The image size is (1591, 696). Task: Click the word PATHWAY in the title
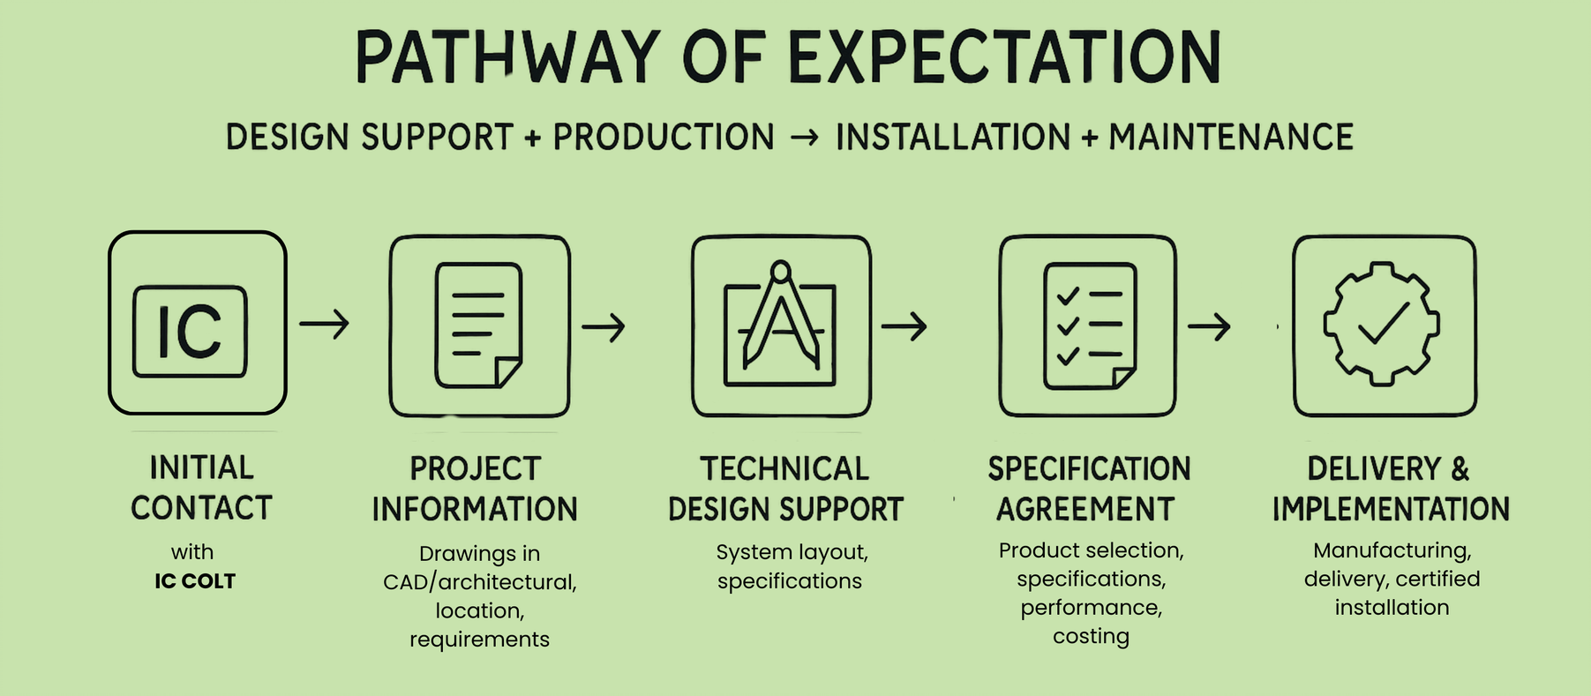click(x=507, y=57)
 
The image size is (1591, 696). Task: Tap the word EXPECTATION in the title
click(x=1004, y=57)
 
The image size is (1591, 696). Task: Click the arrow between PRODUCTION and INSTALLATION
click(x=805, y=138)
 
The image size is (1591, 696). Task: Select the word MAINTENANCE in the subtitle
click(x=1231, y=138)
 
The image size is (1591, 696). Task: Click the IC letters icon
click(x=190, y=332)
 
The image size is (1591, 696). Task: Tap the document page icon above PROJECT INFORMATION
click(x=478, y=326)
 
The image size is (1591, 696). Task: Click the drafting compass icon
click(x=780, y=323)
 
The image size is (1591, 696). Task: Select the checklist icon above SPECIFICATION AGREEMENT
click(x=1090, y=326)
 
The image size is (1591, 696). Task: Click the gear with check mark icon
click(x=1382, y=323)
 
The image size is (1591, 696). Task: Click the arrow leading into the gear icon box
click(x=1209, y=326)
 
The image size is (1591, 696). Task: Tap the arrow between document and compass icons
click(x=604, y=327)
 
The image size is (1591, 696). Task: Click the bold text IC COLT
click(x=195, y=581)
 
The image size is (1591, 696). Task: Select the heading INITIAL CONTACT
click(x=201, y=488)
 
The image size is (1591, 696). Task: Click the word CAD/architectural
click(x=480, y=582)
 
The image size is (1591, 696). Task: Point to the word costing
click(x=1091, y=636)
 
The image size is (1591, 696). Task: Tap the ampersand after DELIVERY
click(x=1460, y=468)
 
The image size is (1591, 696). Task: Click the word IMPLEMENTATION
click(x=1391, y=509)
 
